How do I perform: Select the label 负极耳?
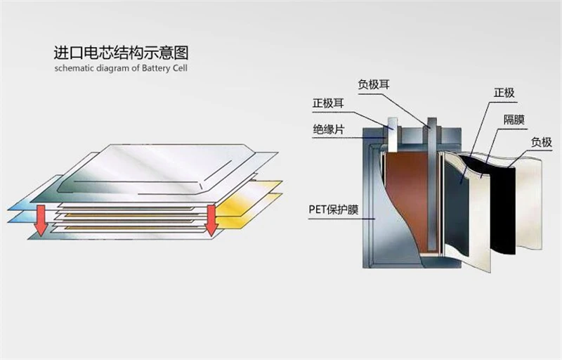click(373, 85)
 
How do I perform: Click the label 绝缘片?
click(329, 129)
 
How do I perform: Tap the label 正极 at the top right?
click(504, 93)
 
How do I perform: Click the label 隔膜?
click(514, 119)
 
